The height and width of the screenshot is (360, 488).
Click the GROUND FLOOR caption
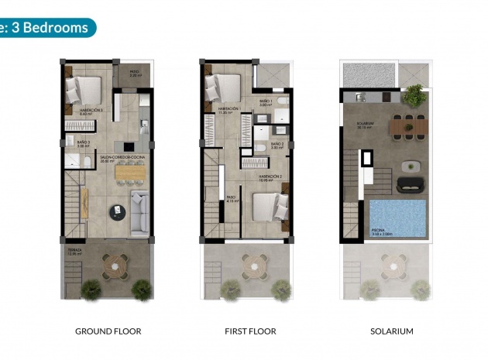(108, 331)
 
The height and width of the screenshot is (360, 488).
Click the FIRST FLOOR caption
(250, 331)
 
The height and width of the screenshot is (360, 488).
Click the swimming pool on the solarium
(397, 218)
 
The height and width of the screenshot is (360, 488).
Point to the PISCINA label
(377, 230)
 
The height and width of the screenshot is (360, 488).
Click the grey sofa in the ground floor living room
(140, 212)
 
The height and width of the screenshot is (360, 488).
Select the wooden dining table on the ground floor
(130, 173)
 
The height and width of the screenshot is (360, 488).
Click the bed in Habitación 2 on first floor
(269, 207)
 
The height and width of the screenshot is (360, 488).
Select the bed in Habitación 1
(224, 87)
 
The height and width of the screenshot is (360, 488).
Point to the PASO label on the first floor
(231, 197)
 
